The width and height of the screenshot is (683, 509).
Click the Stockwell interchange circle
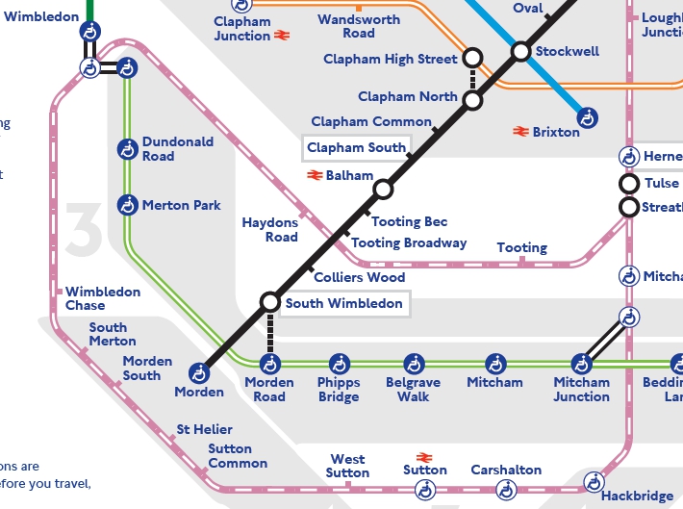[x=520, y=51]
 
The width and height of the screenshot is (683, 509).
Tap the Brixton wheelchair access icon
[x=587, y=116]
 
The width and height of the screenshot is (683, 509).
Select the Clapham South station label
[x=357, y=148]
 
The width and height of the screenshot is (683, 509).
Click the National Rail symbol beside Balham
[x=314, y=175]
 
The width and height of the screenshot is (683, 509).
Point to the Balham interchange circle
[x=383, y=189]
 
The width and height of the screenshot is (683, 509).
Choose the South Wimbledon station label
[x=343, y=304]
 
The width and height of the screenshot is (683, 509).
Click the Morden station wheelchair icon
[x=199, y=371]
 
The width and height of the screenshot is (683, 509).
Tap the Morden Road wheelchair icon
[x=270, y=364]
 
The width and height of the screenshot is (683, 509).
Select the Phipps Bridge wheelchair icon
[x=339, y=364]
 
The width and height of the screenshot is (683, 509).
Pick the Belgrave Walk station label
[x=413, y=390]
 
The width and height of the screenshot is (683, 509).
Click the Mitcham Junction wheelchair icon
[x=581, y=364]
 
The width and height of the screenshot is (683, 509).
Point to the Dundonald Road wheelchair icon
[x=128, y=149]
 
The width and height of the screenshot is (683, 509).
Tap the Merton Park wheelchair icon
[x=128, y=205]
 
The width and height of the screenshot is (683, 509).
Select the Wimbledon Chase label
[x=103, y=298]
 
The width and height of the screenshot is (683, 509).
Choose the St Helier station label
[x=204, y=429]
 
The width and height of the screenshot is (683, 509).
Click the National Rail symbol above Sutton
[x=424, y=457]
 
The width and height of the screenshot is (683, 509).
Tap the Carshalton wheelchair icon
[x=505, y=491]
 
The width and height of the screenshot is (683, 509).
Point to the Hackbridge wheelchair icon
[x=594, y=481]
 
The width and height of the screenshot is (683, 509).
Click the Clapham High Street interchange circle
[x=472, y=59]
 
